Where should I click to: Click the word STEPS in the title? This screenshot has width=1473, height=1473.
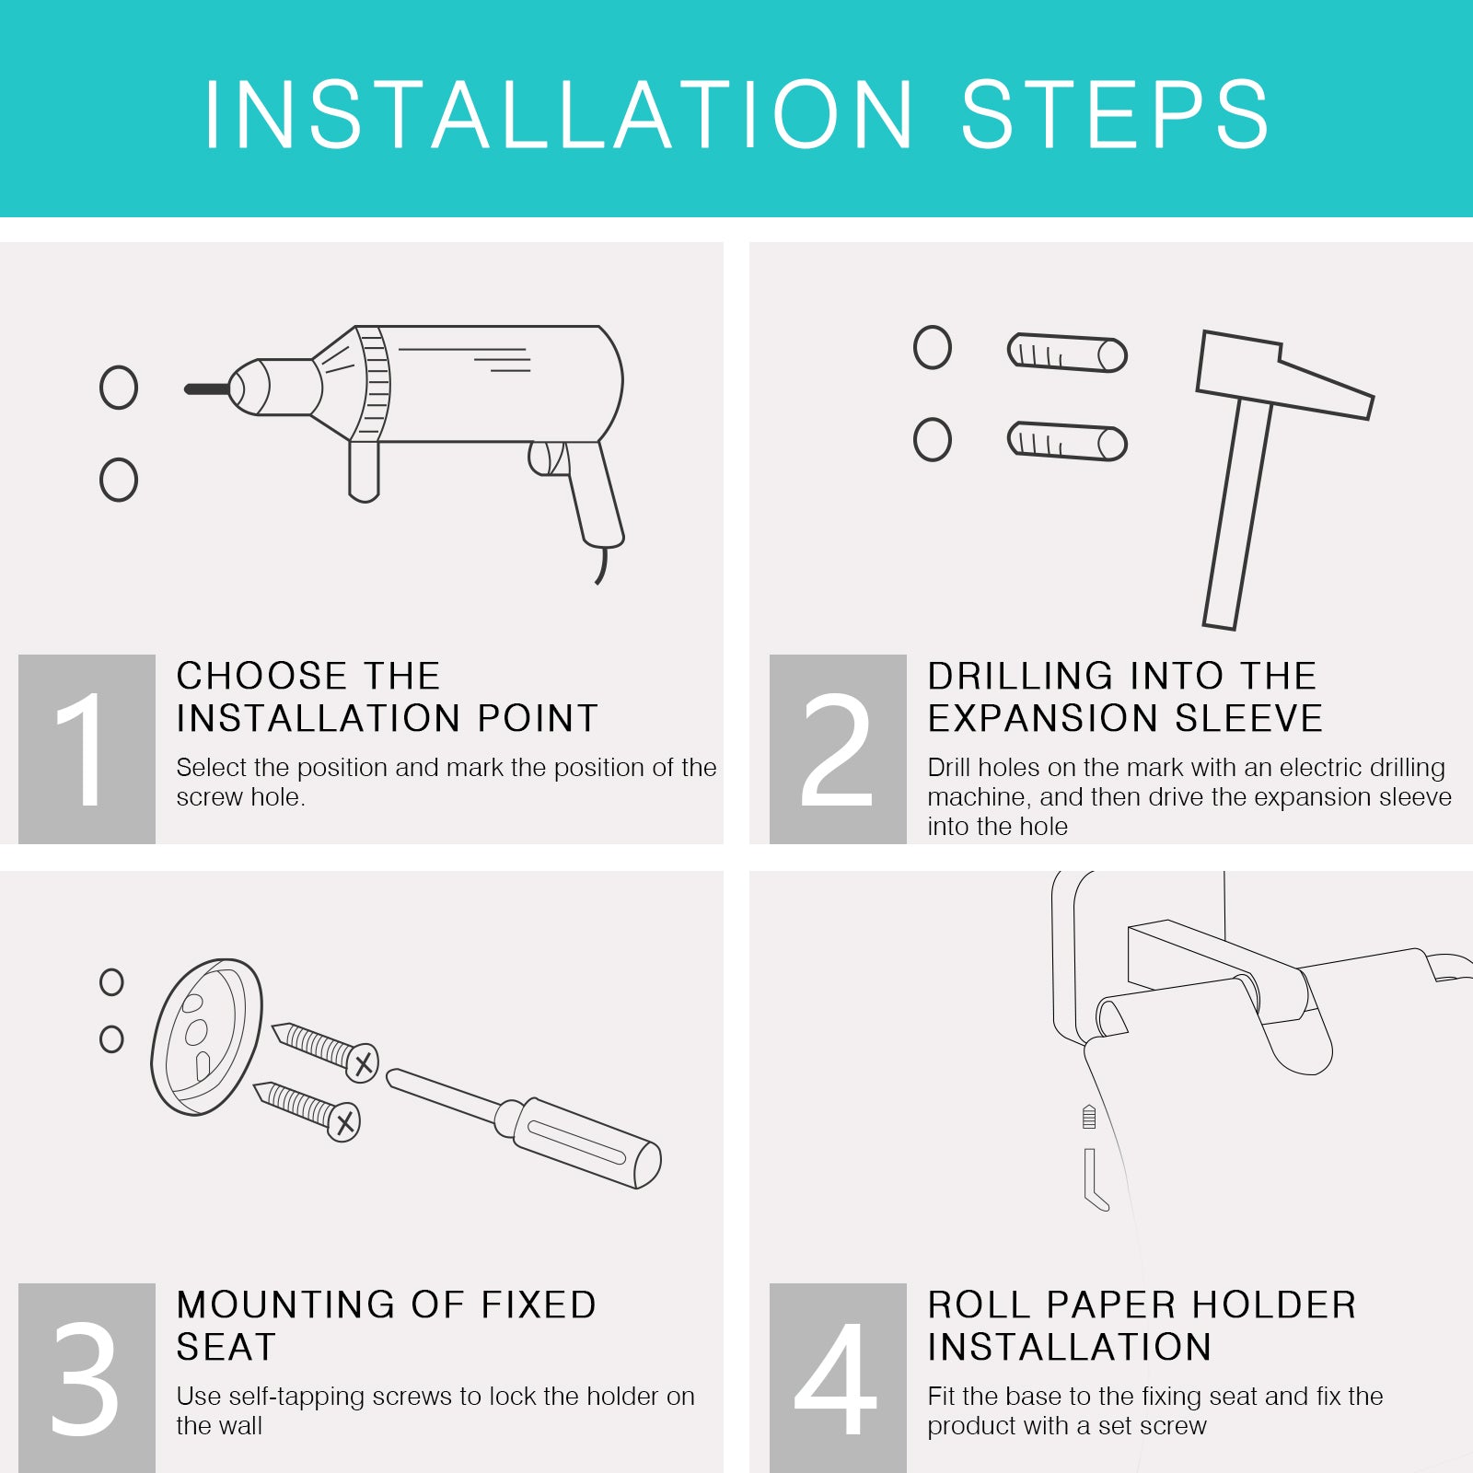pos(1115,114)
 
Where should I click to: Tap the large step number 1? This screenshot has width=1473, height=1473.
pos(82,749)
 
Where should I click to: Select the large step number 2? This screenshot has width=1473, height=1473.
pos(836,749)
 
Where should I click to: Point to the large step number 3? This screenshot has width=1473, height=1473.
pos(85,1378)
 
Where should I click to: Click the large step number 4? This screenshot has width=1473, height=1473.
pos(835,1378)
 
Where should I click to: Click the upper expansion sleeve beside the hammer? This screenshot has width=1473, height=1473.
pos(1068,353)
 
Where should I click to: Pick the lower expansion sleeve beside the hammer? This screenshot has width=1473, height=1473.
pos(1068,441)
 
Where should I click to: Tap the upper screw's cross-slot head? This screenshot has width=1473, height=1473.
pos(363,1064)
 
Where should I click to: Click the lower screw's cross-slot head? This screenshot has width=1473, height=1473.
pos(344,1122)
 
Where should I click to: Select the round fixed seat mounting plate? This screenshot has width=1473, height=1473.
pos(206,1037)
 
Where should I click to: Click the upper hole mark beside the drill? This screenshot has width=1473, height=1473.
pos(119,388)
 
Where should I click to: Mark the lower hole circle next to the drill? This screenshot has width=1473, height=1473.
pos(119,480)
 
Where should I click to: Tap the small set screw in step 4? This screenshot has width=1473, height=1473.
pos(1089,1117)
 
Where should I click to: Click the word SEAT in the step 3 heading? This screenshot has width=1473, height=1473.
pos(226,1347)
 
